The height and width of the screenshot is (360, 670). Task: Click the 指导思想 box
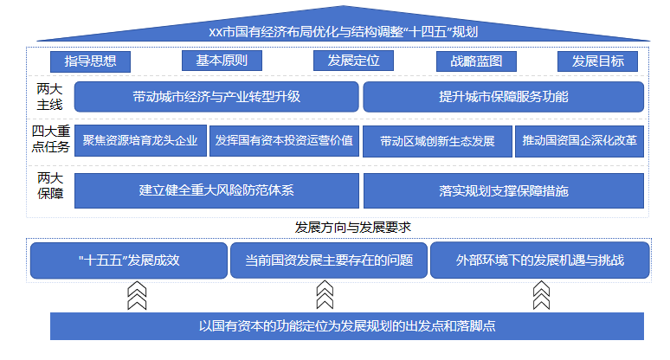tap(90, 61)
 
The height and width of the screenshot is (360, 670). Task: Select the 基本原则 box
tap(222, 61)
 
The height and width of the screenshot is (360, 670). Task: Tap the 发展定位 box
tap(353, 61)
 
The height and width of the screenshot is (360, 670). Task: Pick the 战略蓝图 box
tap(476, 61)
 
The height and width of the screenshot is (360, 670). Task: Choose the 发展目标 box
tap(598, 61)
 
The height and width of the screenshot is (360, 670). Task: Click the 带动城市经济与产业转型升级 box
tap(216, 97)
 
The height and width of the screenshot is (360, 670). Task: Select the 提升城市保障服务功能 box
tap(503, 97)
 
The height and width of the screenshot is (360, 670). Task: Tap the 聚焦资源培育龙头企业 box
tap(140, 141)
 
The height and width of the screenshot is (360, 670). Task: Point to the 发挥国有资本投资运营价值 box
tap(284, 141)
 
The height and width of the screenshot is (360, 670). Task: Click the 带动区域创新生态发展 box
tap(437, 141)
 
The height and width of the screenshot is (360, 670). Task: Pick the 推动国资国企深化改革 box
tap(579, 141)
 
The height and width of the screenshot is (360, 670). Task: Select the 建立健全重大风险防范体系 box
tap(216, 190)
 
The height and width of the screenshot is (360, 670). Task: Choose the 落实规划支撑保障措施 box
tap(504, 190)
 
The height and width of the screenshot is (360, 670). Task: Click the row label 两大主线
tap(49, 97)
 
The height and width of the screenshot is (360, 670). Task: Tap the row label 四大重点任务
tap(50, 139)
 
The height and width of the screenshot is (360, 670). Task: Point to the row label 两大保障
tap(50, 186)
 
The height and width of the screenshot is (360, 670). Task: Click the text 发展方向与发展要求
tap(353, 228)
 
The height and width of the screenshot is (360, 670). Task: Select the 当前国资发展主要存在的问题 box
tap(329, 260)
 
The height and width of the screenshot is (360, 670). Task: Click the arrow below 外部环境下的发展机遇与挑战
tap(541, 295)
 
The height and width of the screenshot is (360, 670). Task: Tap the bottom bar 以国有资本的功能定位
tap(347, 326)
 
